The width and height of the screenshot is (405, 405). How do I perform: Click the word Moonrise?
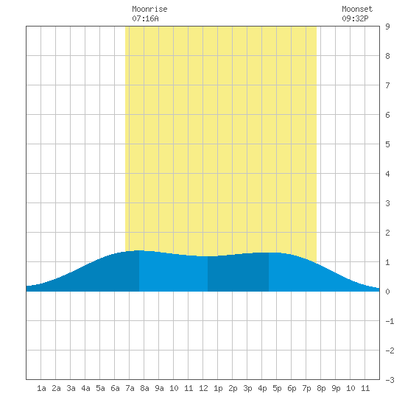coord(149,9)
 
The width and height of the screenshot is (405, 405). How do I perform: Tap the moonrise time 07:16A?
coord(145,18)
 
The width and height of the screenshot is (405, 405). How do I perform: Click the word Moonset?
coord(357,9)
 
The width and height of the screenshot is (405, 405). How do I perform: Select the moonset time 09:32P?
coord(355,18)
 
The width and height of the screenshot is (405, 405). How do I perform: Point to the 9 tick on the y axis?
coord(387,27)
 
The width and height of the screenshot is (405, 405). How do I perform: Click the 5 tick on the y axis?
coord(387,144)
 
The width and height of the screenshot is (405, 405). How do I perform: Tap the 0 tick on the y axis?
coord(387,292)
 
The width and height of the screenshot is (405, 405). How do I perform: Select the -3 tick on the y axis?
coord(390,380)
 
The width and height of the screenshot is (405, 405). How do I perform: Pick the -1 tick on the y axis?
coord(390,321)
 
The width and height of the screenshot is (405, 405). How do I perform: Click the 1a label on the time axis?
coord(41,388)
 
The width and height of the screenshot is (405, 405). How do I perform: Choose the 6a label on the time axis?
coord(115,388)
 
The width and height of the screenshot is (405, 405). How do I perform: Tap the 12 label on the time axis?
coord(203,388)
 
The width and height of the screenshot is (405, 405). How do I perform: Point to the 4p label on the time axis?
coord(262,388)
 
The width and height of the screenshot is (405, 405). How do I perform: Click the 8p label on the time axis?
coord(321,388)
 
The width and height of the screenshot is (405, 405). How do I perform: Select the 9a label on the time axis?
coord(159,388)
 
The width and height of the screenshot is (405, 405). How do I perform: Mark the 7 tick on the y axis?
coord(387,85)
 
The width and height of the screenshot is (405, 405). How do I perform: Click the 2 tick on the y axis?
coord(387,233)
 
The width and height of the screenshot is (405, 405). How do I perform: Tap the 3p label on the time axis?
coord(247,388)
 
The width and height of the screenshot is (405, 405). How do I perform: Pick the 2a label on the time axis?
coord(56,388)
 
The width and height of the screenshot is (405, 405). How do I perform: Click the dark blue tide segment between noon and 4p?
coord(238,274)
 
